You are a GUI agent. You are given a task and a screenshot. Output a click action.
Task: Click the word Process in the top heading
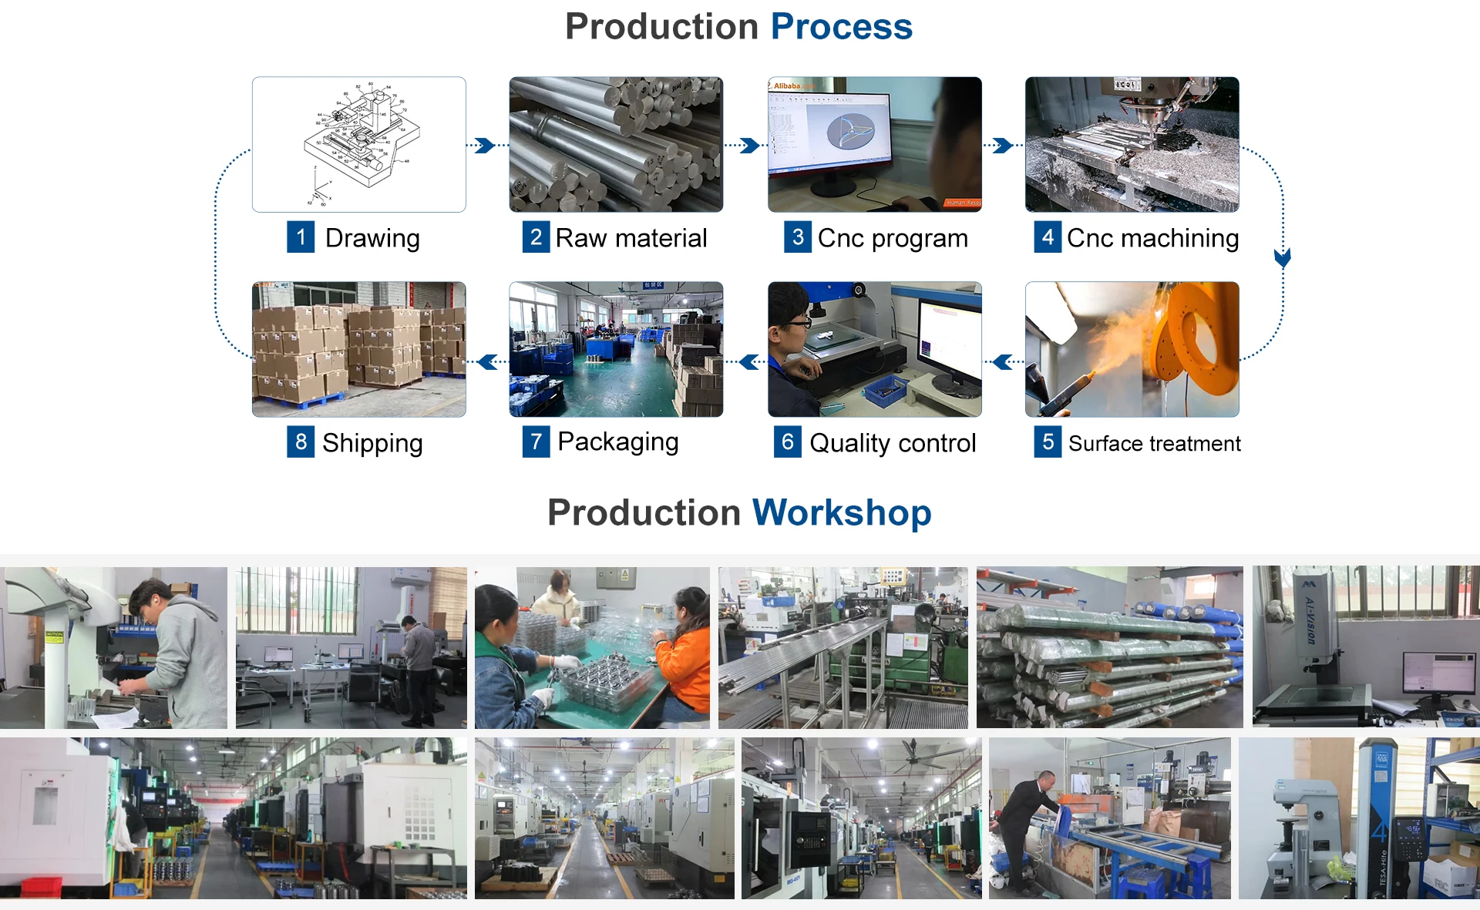point(841,27)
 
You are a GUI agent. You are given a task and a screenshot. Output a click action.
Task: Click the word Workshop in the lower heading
point(842,513)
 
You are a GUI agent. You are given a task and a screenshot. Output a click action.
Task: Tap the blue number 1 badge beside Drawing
point(301,237)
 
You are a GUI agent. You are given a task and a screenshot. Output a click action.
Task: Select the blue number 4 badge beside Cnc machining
point(1047,237)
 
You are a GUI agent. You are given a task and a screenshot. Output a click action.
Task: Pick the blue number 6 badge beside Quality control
point(787,442)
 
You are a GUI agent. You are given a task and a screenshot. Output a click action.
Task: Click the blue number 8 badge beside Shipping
point(301,442)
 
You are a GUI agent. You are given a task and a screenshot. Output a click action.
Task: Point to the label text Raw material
point(631,238)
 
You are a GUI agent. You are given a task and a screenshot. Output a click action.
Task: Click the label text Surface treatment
point(1154,444)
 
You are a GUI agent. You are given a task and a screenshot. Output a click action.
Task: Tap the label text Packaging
point(617,442)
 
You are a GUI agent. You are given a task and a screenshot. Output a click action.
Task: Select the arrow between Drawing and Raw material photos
point(485,146)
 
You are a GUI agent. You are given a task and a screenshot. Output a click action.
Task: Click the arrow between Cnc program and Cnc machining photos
point(1002,146)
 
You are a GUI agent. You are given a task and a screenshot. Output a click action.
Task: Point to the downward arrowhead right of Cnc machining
point(1283,257)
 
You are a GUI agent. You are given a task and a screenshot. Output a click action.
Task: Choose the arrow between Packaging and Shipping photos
point(488,361)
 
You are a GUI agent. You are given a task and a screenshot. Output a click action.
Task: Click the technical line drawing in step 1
point(359,143)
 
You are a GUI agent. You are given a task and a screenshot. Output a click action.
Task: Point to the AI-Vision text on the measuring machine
point(1310,620)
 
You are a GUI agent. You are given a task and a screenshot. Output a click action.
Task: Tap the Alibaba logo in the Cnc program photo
point(792,86)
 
